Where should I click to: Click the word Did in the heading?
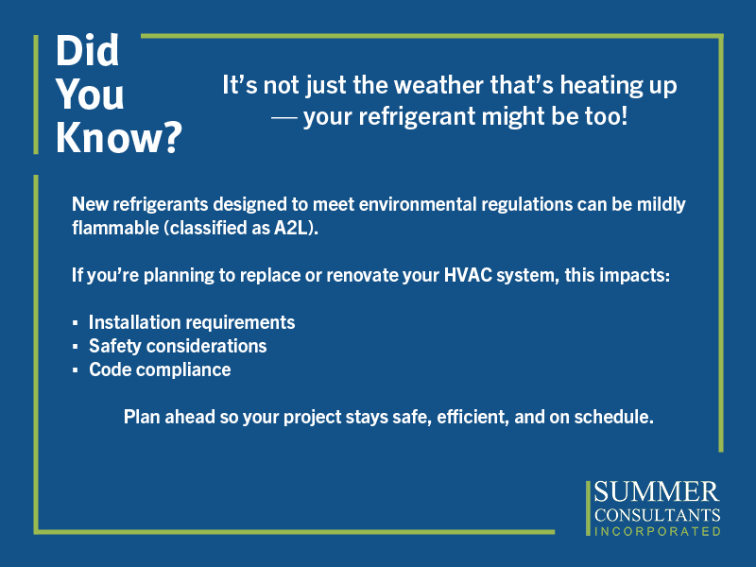(x=87, y=50)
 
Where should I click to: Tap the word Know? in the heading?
(x=119, y=138)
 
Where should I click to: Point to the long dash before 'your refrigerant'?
(x=284, y=117)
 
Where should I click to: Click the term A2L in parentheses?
(x=291, y=228)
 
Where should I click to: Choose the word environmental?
(x=418, y=204)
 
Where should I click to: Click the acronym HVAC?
(x=468, y=275)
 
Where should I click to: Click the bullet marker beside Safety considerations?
(x=76, y=346)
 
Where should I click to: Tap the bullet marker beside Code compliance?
(x=76, y=369)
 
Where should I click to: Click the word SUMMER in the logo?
(x=657, y=492)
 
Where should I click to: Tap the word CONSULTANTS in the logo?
(x=657, y=515)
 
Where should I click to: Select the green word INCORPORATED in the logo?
(x=658, y=531)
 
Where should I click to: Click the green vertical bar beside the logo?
(x=588, y=508)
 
